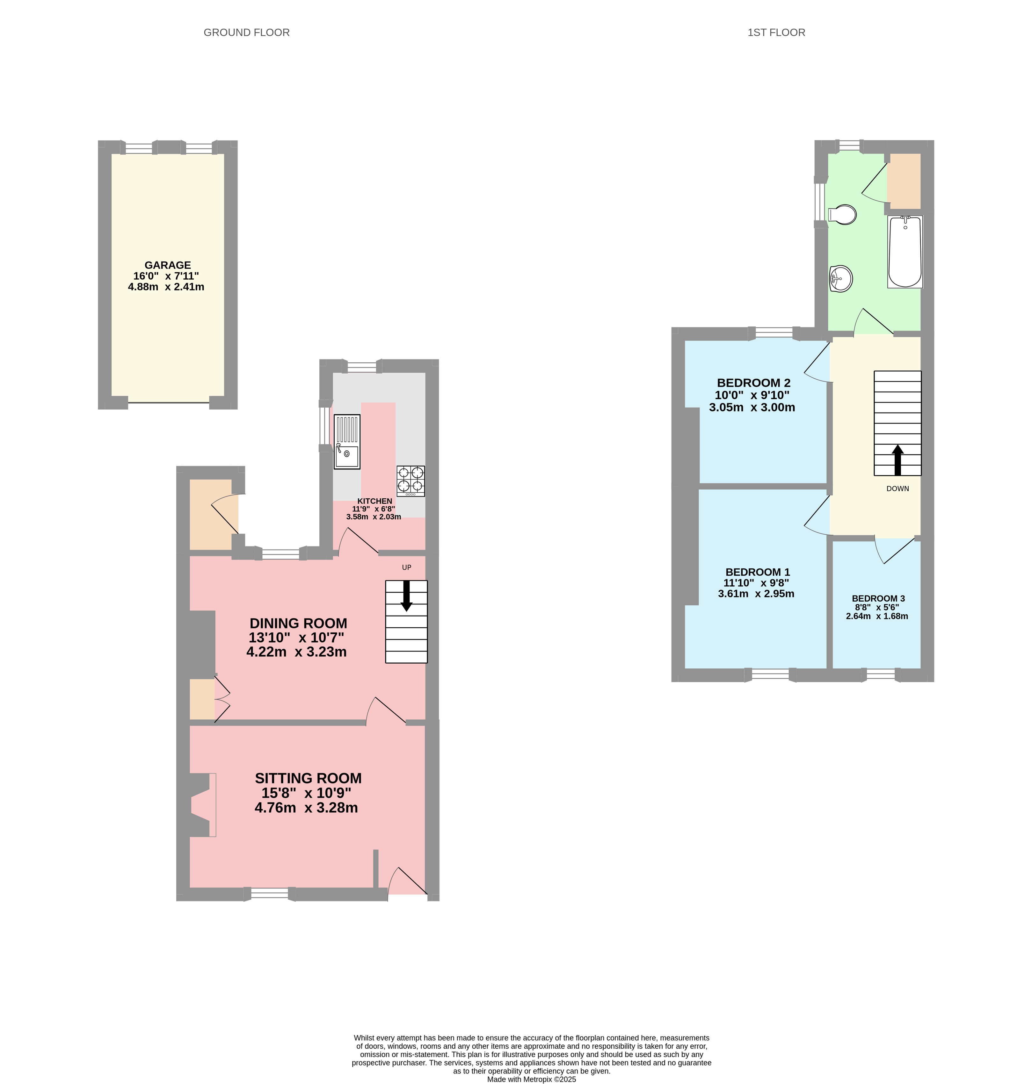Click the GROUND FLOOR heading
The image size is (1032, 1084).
click(x=246, y=32)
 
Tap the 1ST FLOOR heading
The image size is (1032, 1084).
click(x=776, y=32)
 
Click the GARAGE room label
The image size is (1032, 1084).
click(x=168, y=265)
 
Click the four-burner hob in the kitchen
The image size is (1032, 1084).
click(x=411, y=481)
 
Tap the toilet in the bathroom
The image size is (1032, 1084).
click(x=843, y=214)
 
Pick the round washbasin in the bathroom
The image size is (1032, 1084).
click(x=841, y=279)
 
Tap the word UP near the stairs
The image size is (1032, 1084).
click(x=407, y=567)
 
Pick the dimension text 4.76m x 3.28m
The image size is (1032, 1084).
click(x=306, y=808)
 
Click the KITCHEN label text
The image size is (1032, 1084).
click(x=374, y=501)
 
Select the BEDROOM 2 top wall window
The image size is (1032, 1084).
click(x=774, y=332)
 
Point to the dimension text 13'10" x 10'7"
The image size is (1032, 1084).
click(x=296, y=638)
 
